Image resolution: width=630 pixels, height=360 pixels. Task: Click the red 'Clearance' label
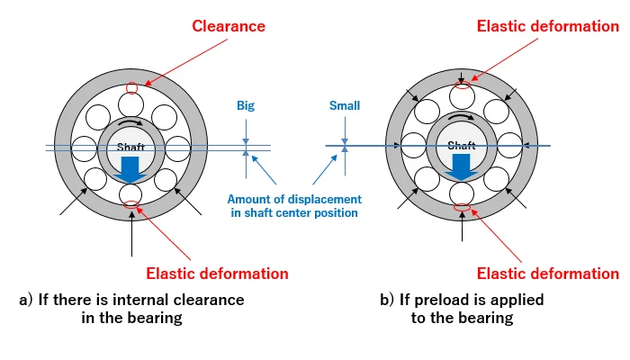pos(229,26)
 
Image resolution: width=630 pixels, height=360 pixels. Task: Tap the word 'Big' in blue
pos(246,105)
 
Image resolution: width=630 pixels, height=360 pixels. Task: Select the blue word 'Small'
pos(344,105)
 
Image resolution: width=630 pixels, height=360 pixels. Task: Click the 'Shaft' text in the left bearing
pos(131,147)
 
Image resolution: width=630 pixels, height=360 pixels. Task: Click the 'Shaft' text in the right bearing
pos(462,145)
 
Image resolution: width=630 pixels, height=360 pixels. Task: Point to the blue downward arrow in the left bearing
pos(131,169)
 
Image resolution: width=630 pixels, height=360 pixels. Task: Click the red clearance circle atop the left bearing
pos(132,88)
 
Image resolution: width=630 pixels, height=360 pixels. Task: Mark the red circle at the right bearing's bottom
pos(462,210)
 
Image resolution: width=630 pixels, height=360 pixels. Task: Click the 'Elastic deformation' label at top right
pos(547,26)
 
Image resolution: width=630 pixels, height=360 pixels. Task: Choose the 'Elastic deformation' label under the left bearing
pos(216,274)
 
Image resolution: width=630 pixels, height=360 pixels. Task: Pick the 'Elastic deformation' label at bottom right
pos(547,274)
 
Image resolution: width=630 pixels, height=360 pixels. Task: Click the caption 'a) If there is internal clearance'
pos(131,300)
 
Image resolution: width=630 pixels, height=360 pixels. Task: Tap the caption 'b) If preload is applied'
pos(462,300)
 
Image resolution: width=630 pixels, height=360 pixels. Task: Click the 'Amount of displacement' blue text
pos(294,198)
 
